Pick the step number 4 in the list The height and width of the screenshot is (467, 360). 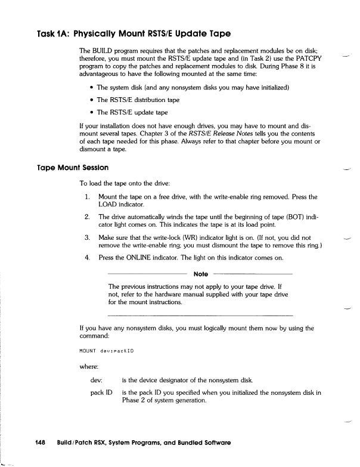coord(87,259)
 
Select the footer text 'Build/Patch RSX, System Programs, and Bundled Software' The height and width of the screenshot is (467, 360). coord(144,443)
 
